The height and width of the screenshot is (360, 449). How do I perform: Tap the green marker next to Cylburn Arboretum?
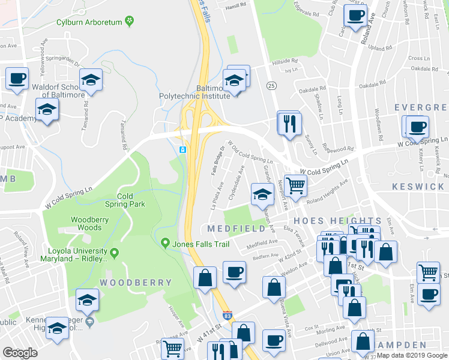coord(129,22)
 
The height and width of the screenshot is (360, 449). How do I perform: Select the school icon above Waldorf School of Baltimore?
coord(91,80)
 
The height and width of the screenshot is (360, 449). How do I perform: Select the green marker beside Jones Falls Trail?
coord(166,242)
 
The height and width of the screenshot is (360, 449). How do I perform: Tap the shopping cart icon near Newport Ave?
coord(295,185)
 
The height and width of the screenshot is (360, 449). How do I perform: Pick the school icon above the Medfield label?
coord(262,194)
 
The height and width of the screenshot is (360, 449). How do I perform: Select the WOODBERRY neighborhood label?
coord(136,282)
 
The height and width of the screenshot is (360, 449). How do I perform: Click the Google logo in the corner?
coord(20,352)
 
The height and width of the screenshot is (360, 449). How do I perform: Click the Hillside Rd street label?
coord(285,61)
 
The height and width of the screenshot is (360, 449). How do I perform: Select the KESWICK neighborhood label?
coord(420,187)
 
